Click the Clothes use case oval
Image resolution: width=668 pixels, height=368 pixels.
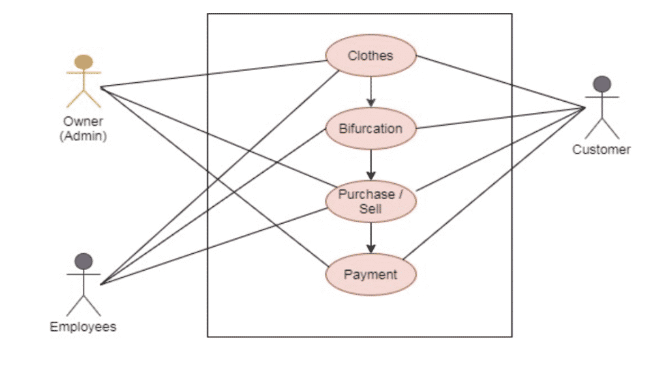[x=371, y=55]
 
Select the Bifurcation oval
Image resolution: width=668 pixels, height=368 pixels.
[x=371, y=128]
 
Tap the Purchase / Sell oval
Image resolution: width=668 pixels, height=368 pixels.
[x=371, y=201]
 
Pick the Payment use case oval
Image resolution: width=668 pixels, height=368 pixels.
[x=371, y=274]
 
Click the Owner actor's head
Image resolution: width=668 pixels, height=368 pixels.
[x=83, y=63]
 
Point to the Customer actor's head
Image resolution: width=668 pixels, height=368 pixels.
[x=601, y=84]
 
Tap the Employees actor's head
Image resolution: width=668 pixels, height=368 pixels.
[x=83, y=262]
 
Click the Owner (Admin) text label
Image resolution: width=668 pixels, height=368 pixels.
[x=83, y=129]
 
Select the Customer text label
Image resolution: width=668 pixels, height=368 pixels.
[x=601, y=149]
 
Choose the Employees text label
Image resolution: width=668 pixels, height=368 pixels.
[x=83, y=327]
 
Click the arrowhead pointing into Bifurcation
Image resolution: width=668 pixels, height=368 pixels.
[x=371, y=102]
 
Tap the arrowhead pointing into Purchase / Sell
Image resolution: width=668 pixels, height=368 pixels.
[x=371, y=176]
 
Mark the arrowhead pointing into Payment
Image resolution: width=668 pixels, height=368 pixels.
[x=371, y=249]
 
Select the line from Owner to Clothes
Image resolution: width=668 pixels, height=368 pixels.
[x=215, y=74]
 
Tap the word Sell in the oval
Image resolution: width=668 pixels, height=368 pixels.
[x=371, y=209]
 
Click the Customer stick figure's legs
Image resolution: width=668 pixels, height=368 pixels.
[x=601, y=128]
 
